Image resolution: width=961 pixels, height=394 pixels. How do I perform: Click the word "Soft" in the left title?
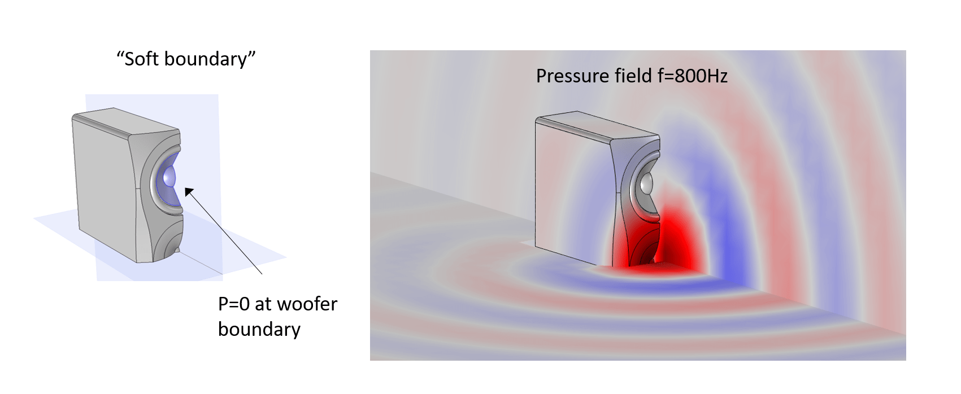pyautogui.click(x=142, y=59)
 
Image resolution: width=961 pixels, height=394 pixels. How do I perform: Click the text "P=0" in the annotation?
pyautogui.click(x=234, y=304)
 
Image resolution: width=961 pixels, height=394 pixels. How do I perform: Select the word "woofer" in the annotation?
pyautogui.click(x=307, y=304)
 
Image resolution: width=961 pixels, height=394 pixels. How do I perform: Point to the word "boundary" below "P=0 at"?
pyautogui.click(x=259, y=330)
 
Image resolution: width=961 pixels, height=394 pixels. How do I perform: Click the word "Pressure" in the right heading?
pyautogui.click(x=567, y=76)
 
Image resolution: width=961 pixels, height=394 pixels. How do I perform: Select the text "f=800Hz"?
pyautogui.click(x=692, y=76)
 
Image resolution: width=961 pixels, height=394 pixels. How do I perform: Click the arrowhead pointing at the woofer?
pyautogui.click(x=189, y=192)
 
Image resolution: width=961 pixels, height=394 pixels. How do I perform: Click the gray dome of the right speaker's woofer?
pyautogui.click(x=645, y=183)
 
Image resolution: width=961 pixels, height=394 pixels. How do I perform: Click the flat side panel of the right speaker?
pyautogui.click(x=573, y=191)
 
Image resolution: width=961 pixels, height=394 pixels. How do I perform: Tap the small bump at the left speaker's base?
pyautogui.click(x=176, y=250)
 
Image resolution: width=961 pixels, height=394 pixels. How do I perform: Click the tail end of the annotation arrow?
pyautogui.click(x=262, y=274)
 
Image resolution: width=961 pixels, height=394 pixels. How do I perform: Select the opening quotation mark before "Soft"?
pyautogui.click(x=120, y=54)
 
